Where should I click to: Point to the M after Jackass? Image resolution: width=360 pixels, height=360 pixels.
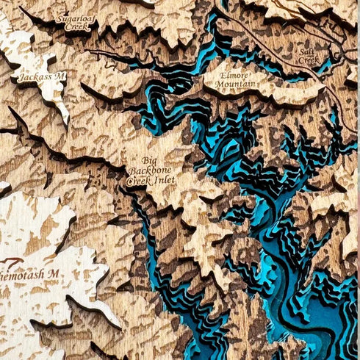pos(61,76)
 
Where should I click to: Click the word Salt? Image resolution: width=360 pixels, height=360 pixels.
pos(306,51)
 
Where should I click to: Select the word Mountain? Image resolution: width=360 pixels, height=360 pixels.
pos(236,84)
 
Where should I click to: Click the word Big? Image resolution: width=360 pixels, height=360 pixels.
pos(148,160)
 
